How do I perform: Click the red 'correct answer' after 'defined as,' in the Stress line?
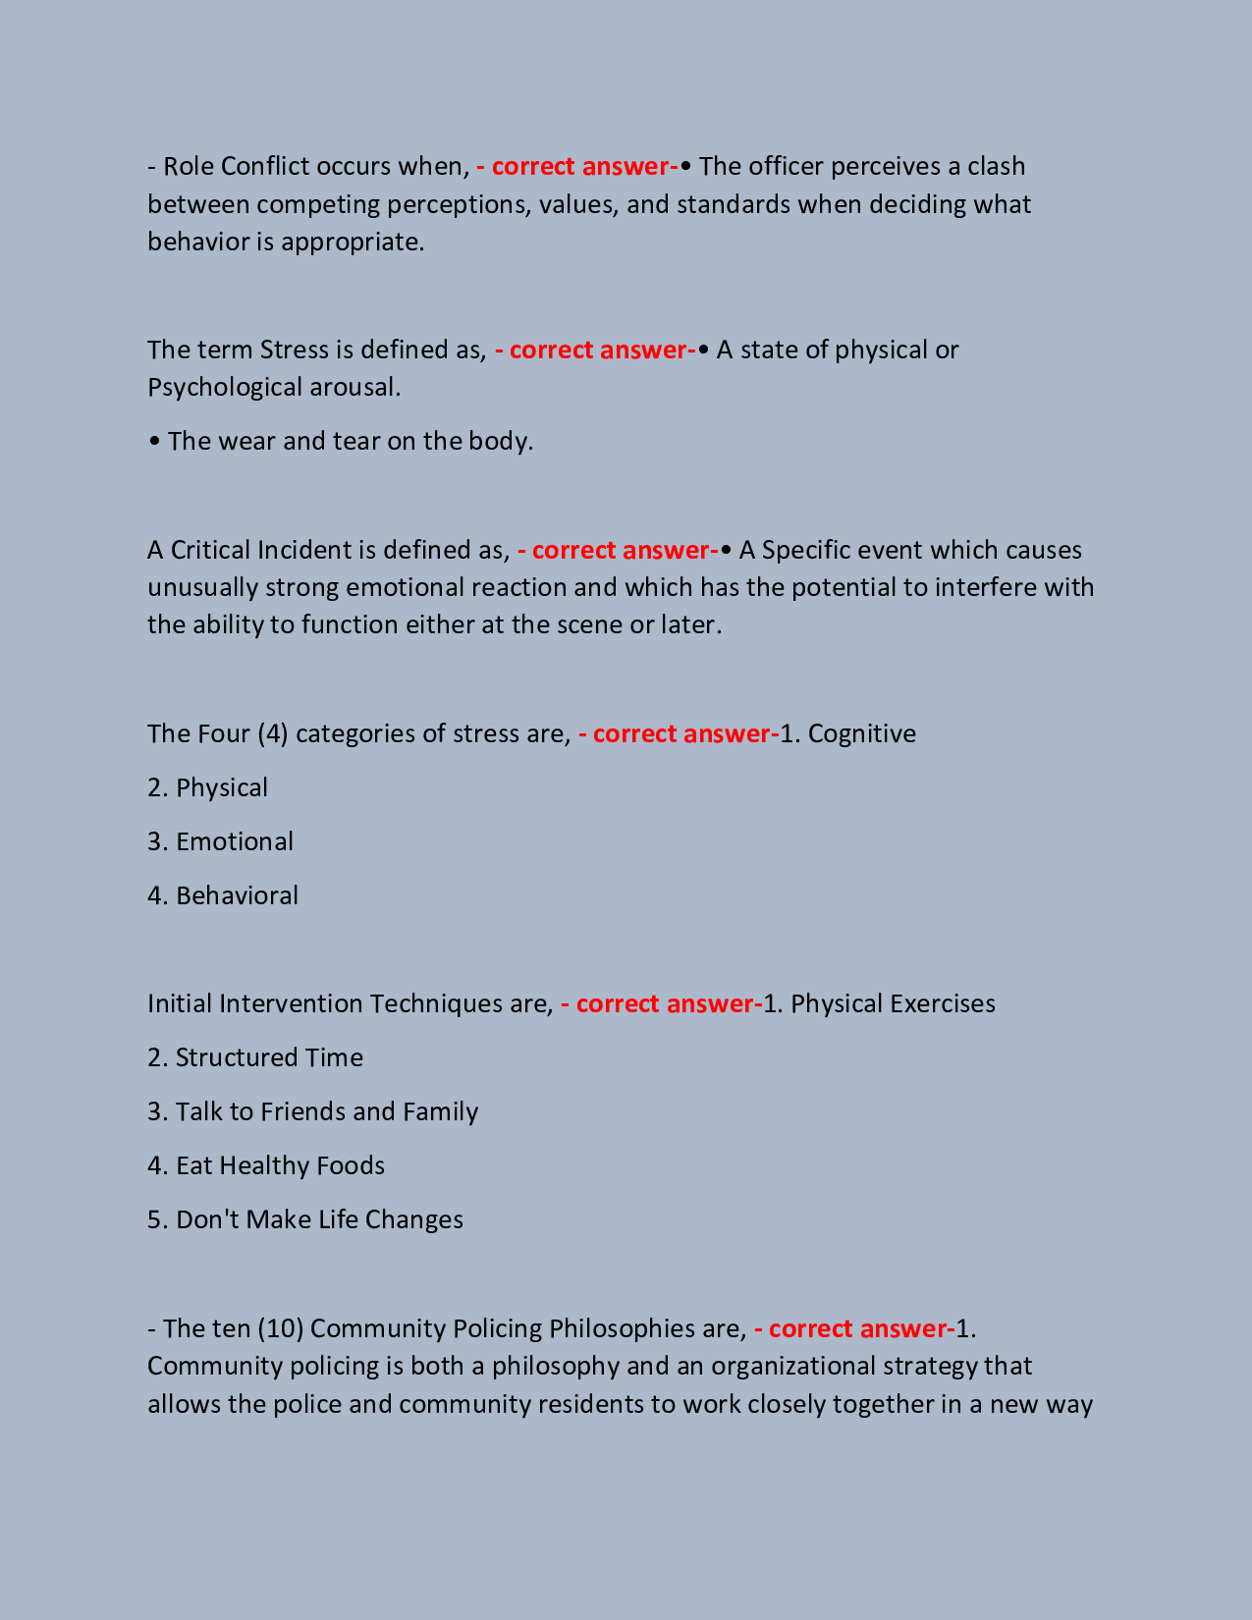(x=595, y=351)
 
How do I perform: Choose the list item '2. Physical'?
(x=207, y=788)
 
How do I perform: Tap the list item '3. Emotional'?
(x=220, y=842)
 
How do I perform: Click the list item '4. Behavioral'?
(x=223, y=896)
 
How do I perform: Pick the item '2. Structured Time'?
(x=255, y=1058)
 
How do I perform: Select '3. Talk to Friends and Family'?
(x=312, y=1112)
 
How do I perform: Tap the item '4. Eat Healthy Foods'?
(x=266, y=1166)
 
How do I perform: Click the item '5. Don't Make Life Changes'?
(x=305, y=1220)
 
